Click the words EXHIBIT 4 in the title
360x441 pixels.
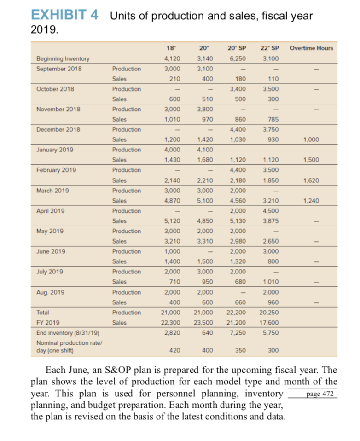64,15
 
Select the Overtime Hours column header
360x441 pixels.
311,48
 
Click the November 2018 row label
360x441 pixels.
58,109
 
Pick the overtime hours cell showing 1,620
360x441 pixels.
311,180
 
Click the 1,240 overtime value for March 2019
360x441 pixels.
311,200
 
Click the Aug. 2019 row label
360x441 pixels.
51,292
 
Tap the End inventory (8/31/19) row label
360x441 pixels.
64,332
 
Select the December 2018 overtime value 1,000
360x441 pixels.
311,139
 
